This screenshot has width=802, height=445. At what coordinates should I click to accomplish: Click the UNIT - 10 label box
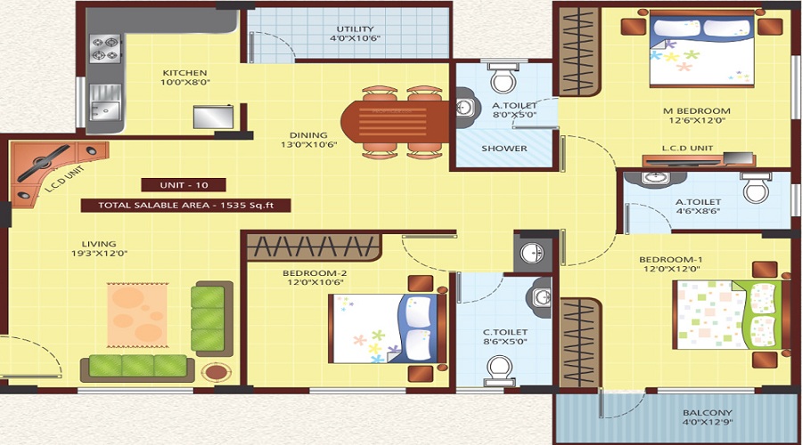184,185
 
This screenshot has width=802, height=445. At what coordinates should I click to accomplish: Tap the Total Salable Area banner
185,206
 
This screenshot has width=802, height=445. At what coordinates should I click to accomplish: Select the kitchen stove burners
105,49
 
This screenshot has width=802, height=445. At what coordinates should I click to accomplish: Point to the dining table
395,122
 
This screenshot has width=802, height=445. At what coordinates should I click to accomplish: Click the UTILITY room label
356,29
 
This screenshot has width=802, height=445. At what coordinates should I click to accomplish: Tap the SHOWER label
503,148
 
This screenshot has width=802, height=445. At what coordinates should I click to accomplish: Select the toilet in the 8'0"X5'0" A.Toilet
503,77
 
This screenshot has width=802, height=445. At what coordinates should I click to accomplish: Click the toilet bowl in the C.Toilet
500,370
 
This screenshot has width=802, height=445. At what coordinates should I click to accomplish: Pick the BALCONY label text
708,412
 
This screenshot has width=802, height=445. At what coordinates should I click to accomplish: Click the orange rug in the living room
137,315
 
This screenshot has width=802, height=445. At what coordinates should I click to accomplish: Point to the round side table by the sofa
216,371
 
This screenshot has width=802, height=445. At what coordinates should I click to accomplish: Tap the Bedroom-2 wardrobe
314,247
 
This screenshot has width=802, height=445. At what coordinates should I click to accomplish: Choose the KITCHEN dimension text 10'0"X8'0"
185,82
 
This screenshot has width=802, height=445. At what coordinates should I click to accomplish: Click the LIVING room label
99,244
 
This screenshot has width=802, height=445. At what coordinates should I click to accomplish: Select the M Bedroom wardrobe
579,51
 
